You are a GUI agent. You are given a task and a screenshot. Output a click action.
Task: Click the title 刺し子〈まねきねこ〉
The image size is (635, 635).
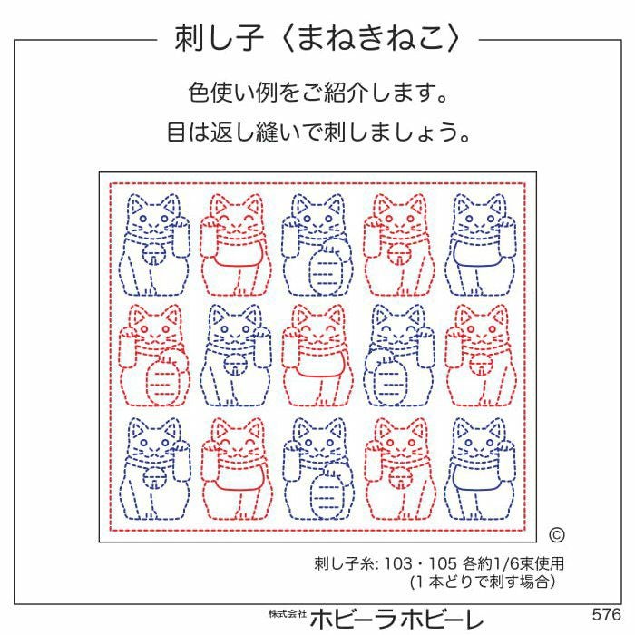[x=317, y=38]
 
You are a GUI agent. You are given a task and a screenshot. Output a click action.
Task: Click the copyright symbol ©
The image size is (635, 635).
[x=556, y=535]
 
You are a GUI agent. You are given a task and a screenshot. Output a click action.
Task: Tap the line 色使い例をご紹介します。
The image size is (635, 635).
[x=317, y=93]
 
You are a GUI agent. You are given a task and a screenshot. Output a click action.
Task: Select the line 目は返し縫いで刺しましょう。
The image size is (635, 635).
[x=317, y=133]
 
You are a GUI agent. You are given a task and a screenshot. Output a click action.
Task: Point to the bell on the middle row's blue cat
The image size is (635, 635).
[x=239, y=368]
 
